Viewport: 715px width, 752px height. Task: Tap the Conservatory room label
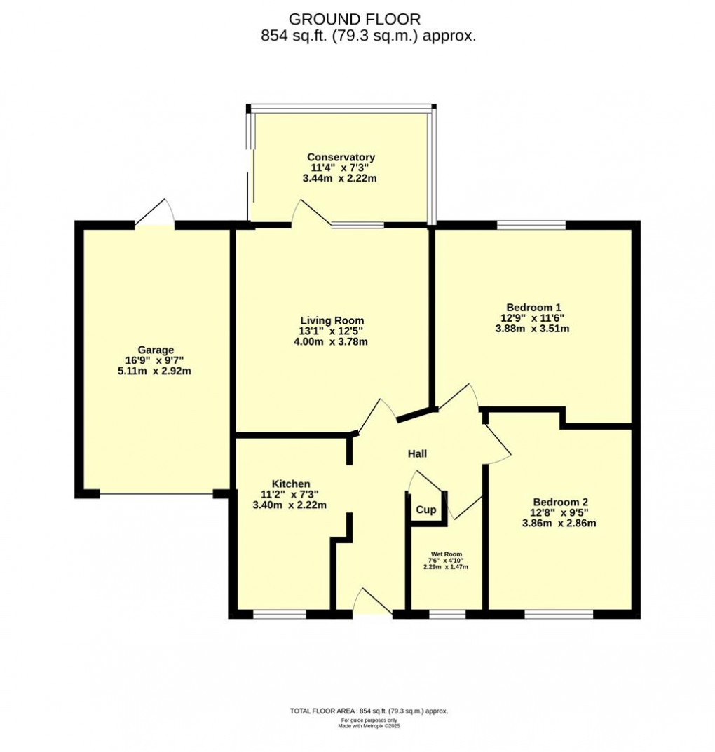pos(341,157)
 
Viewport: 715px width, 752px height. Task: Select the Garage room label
pos(155,350)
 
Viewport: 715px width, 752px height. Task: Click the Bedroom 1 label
pos(534,307)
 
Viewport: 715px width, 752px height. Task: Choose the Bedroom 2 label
pos(560,502)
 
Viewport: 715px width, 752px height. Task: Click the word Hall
pos(418,454)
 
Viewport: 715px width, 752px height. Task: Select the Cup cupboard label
pos(425,510)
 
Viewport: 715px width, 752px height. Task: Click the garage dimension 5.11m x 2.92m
pos(155,371)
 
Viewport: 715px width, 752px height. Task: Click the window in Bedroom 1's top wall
pos(532,225)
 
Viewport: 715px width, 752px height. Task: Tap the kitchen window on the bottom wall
pos(280,615)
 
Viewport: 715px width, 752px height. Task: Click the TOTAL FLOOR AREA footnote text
pos(369,711)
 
